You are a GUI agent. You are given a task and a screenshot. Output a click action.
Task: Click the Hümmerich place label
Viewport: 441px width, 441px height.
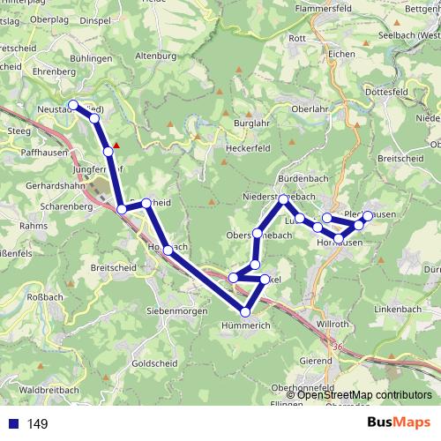[x=247, y=326]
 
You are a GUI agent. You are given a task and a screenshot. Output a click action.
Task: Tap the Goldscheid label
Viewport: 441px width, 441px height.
[x=152, y=363]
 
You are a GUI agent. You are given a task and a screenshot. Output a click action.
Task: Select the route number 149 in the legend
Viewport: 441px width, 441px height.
[x=37, y=424]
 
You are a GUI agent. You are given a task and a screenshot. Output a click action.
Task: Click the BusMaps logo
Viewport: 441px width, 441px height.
[x=399, y=422]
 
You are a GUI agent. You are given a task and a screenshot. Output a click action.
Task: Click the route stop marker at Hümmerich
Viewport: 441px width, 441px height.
[x=246, y=311]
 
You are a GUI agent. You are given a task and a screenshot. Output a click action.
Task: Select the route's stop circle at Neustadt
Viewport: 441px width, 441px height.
[x=73, y=106]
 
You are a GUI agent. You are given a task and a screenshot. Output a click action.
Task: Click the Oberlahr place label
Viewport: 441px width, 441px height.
[x=297, y=110]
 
